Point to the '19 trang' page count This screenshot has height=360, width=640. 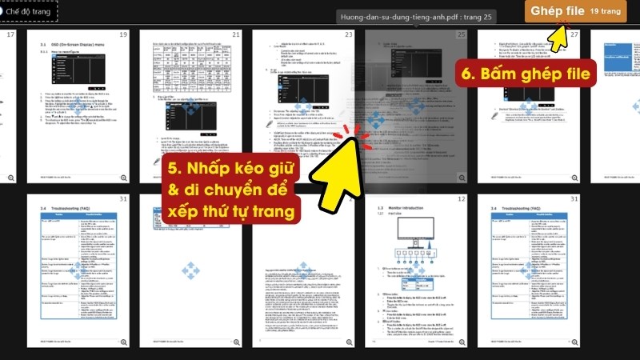[606, 12]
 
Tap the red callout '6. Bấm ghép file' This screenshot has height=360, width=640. [527, 74]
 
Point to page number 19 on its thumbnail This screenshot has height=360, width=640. [123, 35]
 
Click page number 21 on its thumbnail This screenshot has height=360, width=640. [236, 35]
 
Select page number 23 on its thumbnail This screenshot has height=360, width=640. [349, 35]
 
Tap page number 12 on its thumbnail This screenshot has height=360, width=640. [461, 199]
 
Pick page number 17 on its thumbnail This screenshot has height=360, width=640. [10, 35]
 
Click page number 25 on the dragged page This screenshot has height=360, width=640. [461, 35]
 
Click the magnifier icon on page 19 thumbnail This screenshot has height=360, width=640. [124, 178]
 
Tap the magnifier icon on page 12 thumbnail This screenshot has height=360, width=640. [462, 342]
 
